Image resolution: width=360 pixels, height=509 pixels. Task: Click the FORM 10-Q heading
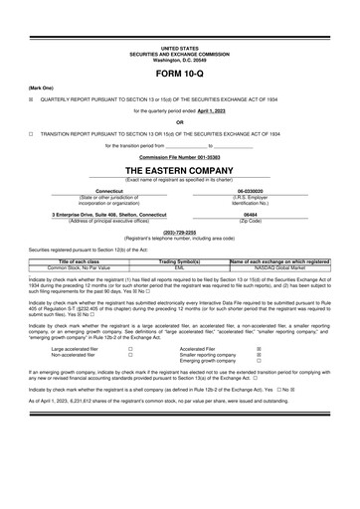point(180,75)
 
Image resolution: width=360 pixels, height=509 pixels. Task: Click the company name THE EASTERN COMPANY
point(179,170)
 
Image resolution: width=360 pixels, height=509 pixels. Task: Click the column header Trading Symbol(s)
point(179,261)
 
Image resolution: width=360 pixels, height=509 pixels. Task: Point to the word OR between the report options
point(179,122)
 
